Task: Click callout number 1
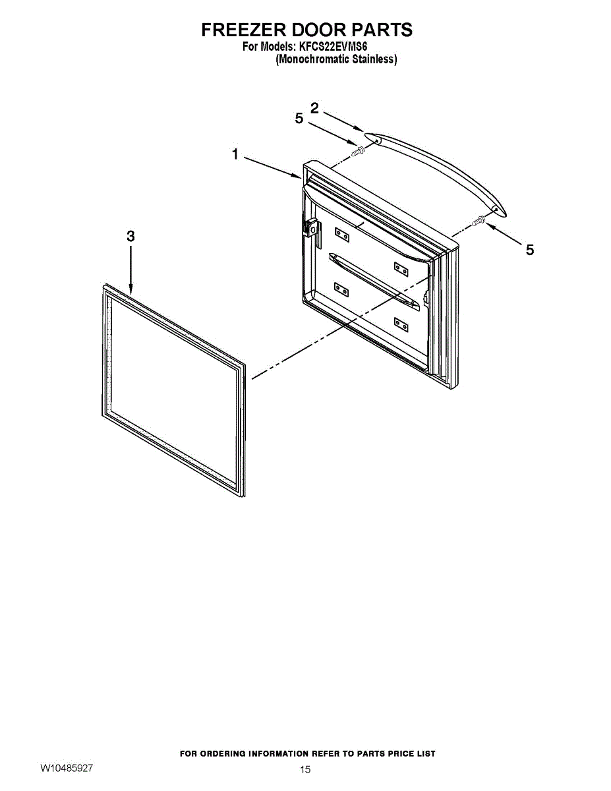pyautogui.click(x=235, y=155)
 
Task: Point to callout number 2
pyautogui.click(x=315, y=108)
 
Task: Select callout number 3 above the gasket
pyautogui.click(x=131, y=236)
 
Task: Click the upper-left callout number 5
pyautogui.click(x=299, y=119)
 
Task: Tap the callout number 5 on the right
pyautogui.click(x=529, y=249)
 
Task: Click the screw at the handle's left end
pyautogui.click(x=358, y=151)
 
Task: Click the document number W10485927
pyautogui.click(x=67, y=768)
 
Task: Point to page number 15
pyautogui.click(x=305, y=769)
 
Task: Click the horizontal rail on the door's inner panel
pyautogui.click(x=372, y=279)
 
